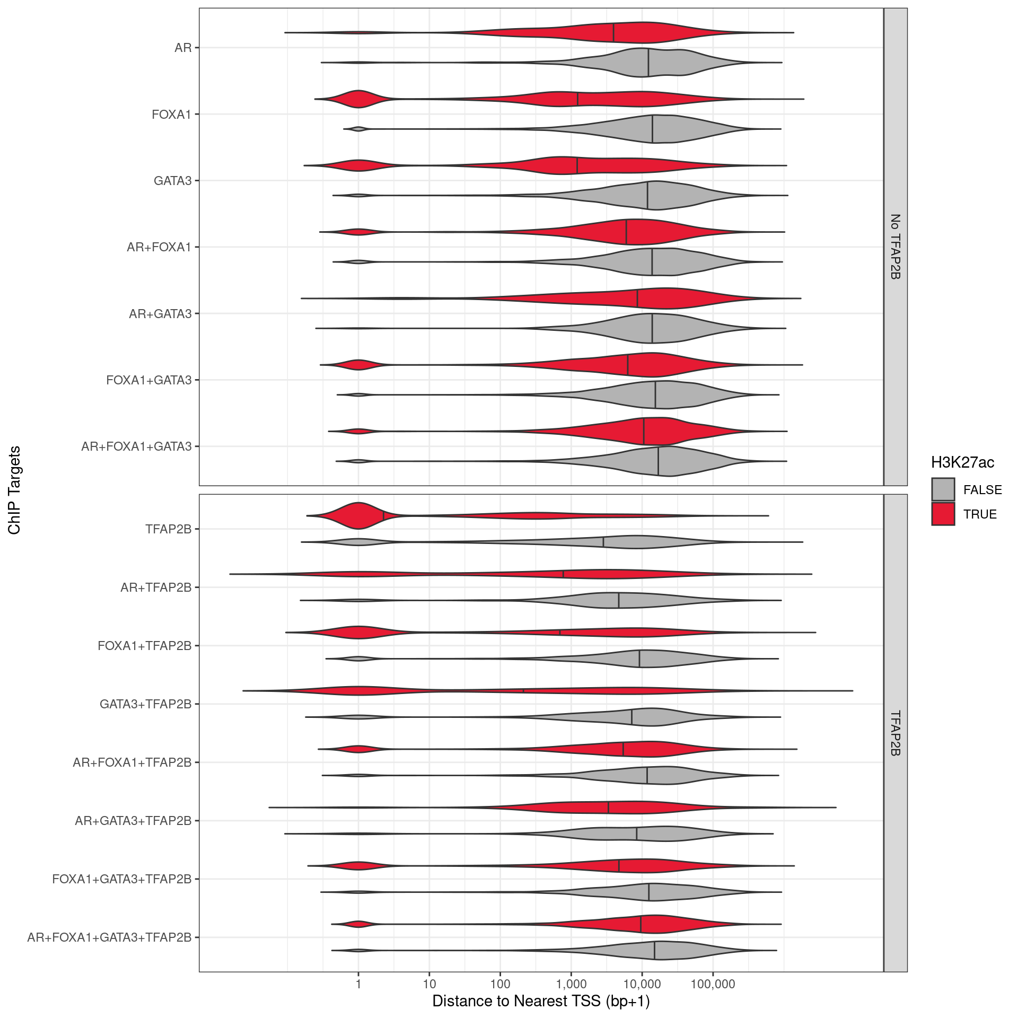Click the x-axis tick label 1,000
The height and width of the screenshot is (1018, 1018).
tap(571, 985)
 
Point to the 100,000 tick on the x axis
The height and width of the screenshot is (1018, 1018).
tap(713, 985)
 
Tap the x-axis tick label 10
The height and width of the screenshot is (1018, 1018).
tap(429, 985)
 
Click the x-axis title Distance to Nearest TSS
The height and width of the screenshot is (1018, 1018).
tap(541, 1001)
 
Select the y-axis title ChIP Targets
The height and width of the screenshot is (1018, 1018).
tap(14, 490)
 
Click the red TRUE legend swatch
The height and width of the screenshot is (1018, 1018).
tap(943, 514)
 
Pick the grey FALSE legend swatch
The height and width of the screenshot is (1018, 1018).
tap(943, 489)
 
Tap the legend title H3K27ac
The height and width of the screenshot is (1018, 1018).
tap(962, 462)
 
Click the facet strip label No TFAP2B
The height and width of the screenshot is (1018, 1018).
tap(896, 247)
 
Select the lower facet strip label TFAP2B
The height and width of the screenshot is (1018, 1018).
tap(896, 733)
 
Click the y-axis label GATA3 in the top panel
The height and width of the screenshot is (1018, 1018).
tap(172, 181)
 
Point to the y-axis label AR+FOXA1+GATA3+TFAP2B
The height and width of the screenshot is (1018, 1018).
tap(109, 937)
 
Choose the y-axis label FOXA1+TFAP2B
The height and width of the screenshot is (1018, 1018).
tap(144, 646)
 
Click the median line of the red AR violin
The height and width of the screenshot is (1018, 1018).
tap(613, 33)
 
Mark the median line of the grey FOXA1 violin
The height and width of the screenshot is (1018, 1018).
tap(652, 129)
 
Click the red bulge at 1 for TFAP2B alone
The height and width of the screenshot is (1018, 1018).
tap(359, 515)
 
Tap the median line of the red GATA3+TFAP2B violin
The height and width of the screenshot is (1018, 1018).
tap(523, 691)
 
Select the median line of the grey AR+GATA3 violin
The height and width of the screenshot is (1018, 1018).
tap(652, 328)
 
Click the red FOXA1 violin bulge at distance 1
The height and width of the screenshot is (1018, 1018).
tap(359, 99)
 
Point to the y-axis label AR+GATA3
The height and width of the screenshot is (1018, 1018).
tap(160, 314)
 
